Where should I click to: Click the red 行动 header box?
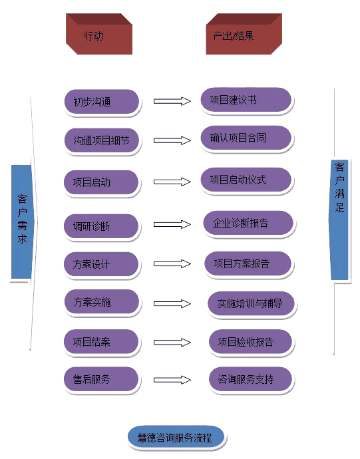click(99, 34)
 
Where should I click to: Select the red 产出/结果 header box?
click(244, 34)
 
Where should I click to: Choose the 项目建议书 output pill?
click(246, 100)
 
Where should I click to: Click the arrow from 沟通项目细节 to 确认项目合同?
click(172, 140)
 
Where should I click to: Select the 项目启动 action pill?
click(101, 182)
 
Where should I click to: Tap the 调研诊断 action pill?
click(101, 226)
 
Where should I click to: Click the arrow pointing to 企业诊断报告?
click(172, 225)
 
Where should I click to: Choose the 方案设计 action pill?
click(101, 264)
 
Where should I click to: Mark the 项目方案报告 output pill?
click(248, 263)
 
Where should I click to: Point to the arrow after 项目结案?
click(172, 342)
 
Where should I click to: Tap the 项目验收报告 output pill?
click(250, 342)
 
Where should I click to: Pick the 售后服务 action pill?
click(101, 379)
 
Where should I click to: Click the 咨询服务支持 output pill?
click(250, 379)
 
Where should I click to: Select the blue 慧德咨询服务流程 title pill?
click(176, 438)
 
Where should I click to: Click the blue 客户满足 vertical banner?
click(339, 220)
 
